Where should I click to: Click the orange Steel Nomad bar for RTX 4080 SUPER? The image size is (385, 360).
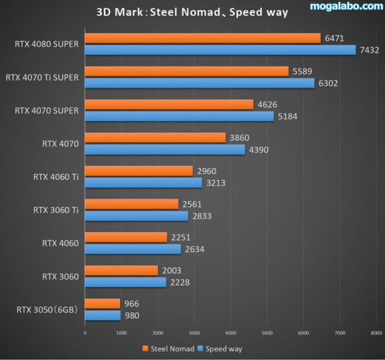pos(203,38)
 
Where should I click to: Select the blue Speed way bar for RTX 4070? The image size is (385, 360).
pos(165,149)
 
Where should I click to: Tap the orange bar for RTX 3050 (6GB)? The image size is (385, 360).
pos(103,303)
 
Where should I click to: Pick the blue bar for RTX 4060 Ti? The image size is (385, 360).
pos(143,183)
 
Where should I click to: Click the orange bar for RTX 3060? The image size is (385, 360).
pos(121,270)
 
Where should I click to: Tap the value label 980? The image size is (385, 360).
pos(132,315)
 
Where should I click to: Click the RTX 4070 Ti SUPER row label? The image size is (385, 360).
pos(42,77)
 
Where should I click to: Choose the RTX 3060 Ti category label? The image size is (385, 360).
pos(56,210)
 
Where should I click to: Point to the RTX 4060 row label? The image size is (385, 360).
pos(60,243)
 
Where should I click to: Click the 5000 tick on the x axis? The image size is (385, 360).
pos(267,332)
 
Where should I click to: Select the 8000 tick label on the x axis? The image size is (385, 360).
pos(376,332)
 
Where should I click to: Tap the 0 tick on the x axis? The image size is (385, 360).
pos(85,332)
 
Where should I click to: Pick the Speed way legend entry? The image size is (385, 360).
pos(220,348)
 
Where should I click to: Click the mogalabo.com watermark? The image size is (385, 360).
pos(346,7)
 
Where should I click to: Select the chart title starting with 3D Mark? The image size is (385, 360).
pos(192,13)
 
